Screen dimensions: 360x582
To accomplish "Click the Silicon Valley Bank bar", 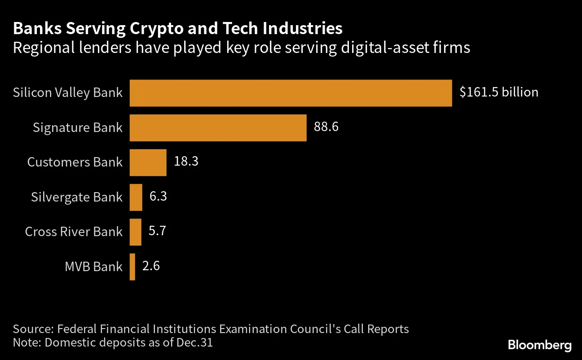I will [291, 93].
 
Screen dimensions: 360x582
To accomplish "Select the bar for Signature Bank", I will [218, 128].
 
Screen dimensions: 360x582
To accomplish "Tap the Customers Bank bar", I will [148, 162].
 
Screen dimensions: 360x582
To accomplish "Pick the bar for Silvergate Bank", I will [136, 197].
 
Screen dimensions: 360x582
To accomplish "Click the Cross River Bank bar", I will [136, 232].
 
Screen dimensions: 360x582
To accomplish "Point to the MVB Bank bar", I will [132, 267].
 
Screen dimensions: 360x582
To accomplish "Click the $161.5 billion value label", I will [498, 92].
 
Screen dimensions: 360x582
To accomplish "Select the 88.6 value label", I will [326, 127].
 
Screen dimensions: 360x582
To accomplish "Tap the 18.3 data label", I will [186, 162].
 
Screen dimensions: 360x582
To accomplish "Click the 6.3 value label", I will [158, 197].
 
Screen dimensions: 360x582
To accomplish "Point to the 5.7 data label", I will [158, 232].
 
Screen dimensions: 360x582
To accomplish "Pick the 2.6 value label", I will [151, 266].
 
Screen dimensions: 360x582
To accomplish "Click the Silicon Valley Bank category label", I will [68, 93].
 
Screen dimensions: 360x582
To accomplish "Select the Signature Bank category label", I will [77, 128].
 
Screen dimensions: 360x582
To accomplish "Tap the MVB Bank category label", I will [93, 267].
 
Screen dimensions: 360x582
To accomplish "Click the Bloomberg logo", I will [540, 345].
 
